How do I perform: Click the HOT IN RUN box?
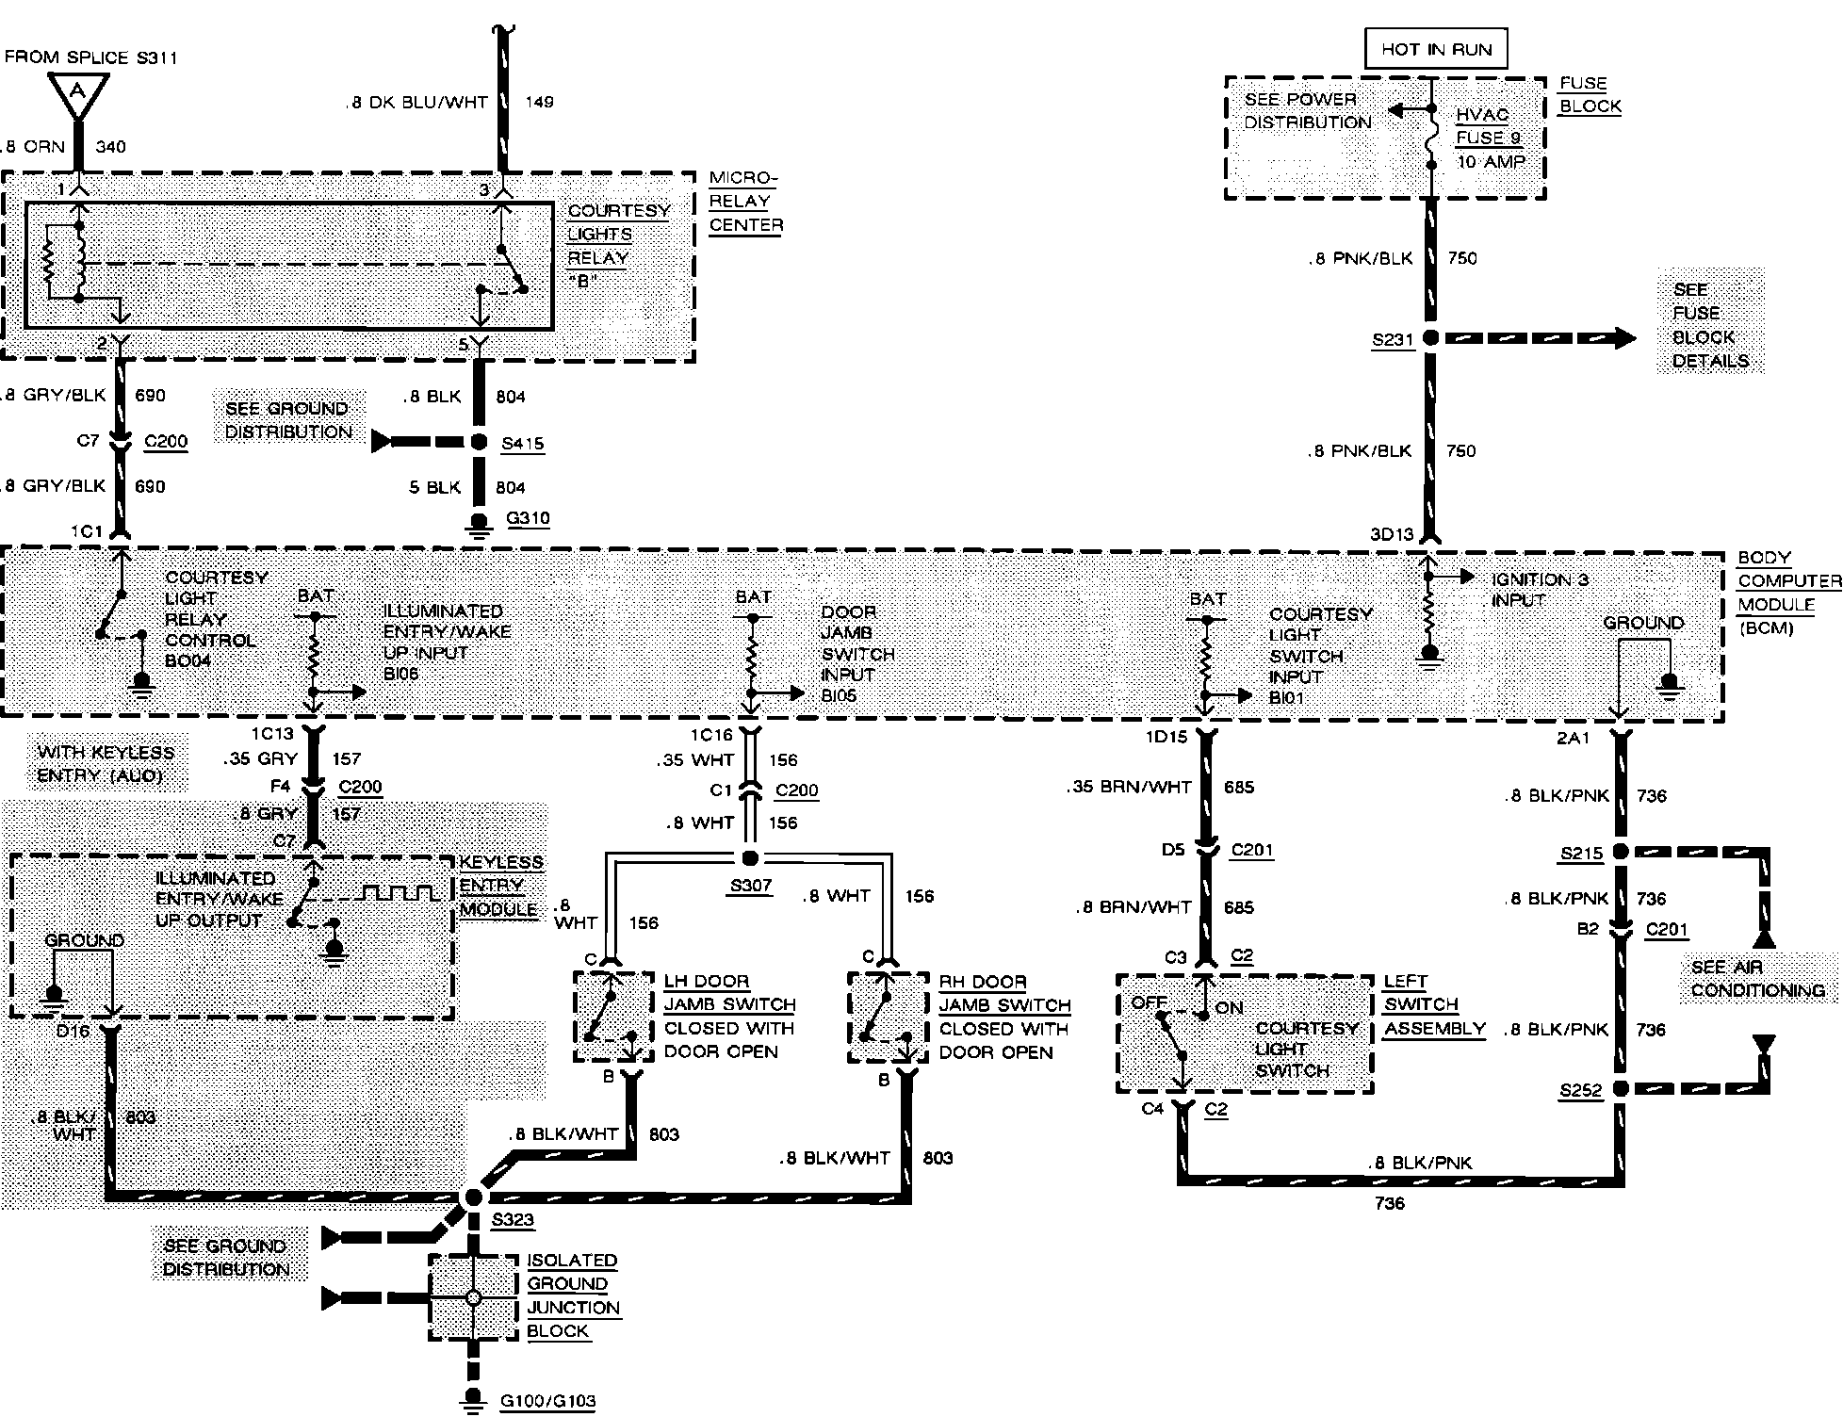click(1435, 49)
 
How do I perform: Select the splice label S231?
click(1393, 340)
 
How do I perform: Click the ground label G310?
click(528, 517)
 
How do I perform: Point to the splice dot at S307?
click(749, 858)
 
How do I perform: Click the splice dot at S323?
click(473, 1197)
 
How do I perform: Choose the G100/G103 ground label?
click(547, 1400)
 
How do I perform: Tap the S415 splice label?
click(523, 443)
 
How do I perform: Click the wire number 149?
click(539, 101)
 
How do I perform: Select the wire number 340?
click(110, 146)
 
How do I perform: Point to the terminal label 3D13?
click(1392, 534)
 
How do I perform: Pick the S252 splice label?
click(1580, 1090)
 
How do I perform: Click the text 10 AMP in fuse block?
click(1491, 161)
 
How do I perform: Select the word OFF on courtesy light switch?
click(1149, 1002)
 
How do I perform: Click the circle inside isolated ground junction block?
click(473, 1298)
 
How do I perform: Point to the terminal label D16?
click(73, 1031)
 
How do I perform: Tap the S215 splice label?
click(1580, 854)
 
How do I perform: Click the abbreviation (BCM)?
click(1766, 627)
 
